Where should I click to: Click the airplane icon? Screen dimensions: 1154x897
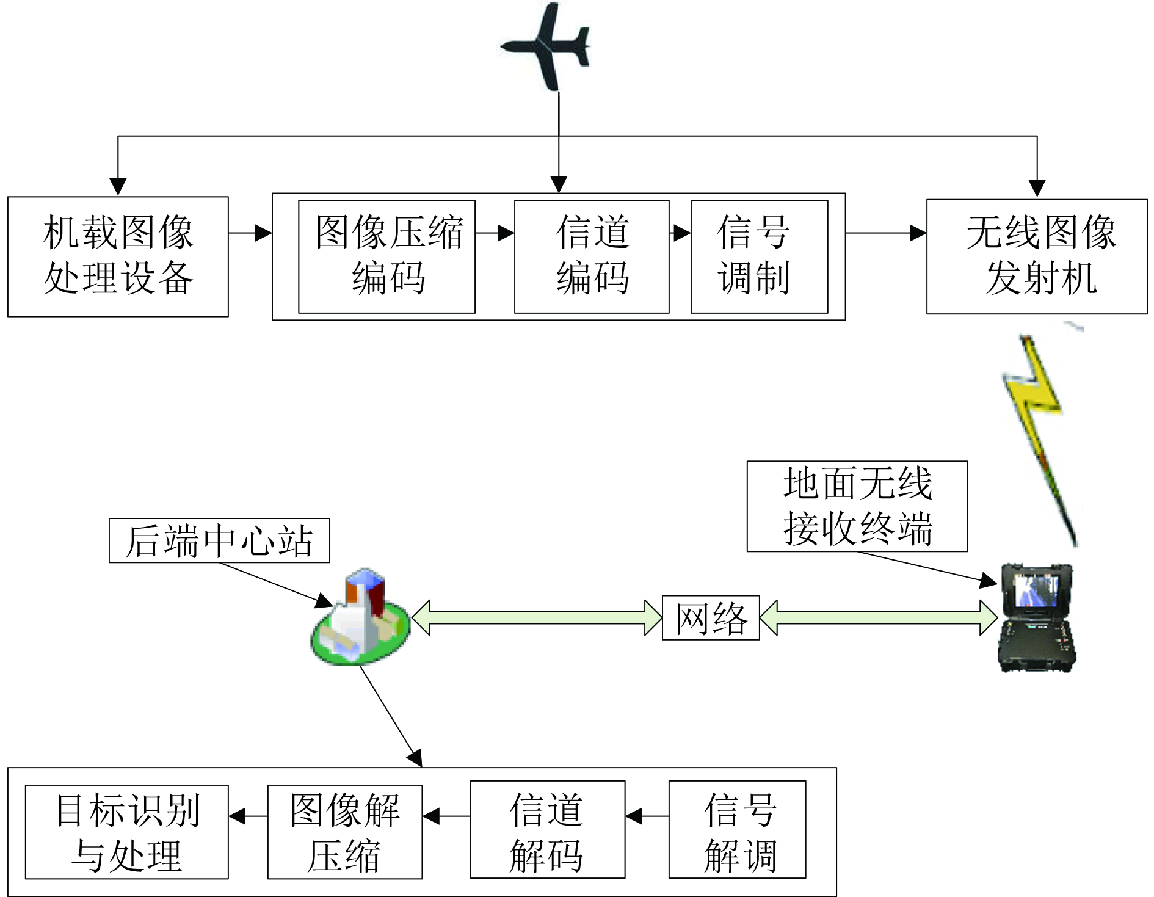click(545, 46)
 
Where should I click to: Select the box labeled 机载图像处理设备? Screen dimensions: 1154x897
click(118, 256)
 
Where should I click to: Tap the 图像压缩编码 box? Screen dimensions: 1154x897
click(386, 256)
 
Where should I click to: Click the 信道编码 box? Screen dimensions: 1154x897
click(592, 256)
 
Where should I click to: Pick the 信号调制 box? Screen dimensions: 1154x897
click(759, 256)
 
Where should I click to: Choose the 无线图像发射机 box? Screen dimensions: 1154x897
click(1037, 256)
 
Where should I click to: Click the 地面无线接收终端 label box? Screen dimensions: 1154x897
click(857, 506)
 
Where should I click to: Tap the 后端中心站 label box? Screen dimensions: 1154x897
click(219, 540)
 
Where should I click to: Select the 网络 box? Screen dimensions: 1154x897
click(711, 617)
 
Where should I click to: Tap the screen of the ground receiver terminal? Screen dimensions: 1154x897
click(1036, 590)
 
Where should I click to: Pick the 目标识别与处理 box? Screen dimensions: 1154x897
click(126, 832)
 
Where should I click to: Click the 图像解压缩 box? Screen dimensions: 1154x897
click(345, 832)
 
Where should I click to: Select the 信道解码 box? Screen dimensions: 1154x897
click(548, 829)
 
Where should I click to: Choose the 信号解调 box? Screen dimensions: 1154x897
click(737, 829)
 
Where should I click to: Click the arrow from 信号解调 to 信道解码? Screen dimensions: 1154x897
click(647, 816)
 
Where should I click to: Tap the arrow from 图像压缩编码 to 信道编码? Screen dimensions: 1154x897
click(495, 233)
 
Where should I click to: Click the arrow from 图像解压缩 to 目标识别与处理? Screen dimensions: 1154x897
click(249, 816)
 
